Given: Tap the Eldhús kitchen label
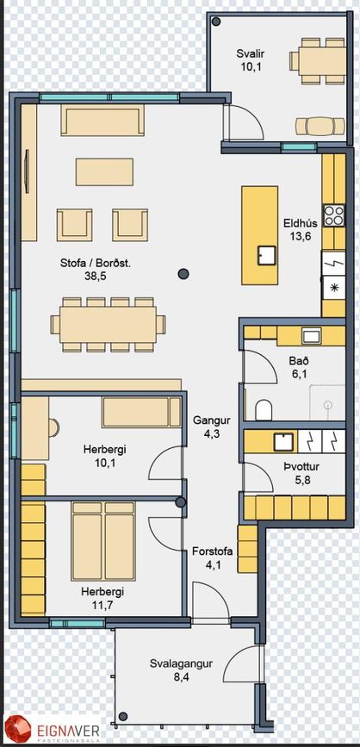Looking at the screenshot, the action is (x=299, y=223).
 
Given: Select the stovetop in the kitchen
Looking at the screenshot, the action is (x=333, y=215).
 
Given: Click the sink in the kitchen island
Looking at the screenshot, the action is (x=267, y=255).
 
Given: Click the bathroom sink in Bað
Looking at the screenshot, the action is (x=311, y=336).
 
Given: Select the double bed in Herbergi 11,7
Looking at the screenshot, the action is (x=103, y=540).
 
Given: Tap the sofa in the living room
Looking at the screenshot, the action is (x=102, y=120).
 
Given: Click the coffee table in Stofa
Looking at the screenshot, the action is (x=104, y=172).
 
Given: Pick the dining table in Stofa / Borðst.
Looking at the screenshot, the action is (x=109, y=325).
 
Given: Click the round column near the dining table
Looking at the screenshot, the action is (x=183, y=273).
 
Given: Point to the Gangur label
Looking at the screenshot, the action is (x=212, y=420).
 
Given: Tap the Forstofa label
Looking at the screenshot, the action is (x=213, y=552).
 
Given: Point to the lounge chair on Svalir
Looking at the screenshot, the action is (x=320, y=127).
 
